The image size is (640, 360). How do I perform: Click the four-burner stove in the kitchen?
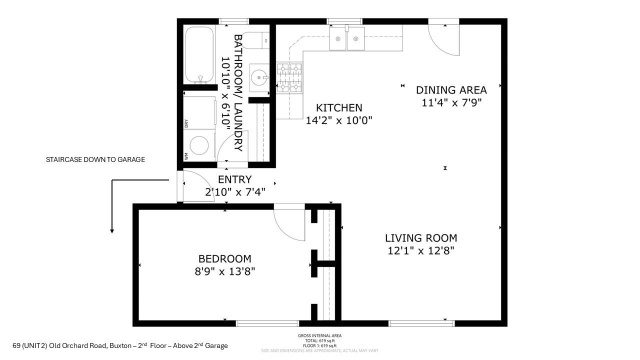[x=289, y=78]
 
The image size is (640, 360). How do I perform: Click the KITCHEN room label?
[x=339, y=108]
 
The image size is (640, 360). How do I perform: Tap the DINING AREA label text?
[x=451, y=90]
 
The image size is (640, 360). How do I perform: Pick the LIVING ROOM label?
[x=420, y=238]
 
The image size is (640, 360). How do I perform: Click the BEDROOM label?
[x=224, y=258]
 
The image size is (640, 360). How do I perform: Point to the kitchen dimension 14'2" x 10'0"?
[x=339, y=120]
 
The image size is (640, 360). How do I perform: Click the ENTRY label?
[x=234, y=179]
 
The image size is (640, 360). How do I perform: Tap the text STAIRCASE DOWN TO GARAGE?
[x=95, y=159]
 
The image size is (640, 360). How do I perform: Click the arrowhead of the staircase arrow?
[x=112, y=230]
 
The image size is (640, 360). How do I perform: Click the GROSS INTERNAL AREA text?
[x=319, y=335]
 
